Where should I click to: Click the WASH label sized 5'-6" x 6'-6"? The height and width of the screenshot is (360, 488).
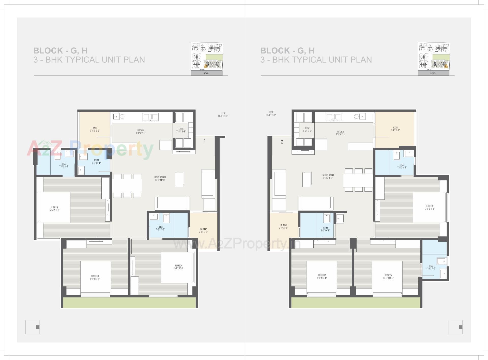(x=95, y=129)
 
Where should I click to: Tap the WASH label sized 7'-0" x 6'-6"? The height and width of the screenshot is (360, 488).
(x=395, y=129)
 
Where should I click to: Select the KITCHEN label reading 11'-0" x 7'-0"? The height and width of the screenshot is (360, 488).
(x=140, y=132)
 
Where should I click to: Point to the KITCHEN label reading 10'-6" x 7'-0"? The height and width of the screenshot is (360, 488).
(x=340, y=133)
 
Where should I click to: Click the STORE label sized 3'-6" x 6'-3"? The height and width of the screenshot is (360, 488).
(x=307, y=130)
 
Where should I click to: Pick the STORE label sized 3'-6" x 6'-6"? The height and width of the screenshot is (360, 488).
(x=181, y=130)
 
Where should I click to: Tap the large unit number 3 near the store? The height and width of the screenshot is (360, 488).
(x=204, y=141)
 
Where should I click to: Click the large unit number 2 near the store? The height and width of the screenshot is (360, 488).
(x=282, y=142)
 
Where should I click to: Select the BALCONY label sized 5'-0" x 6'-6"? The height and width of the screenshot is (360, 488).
(x=203, y=231)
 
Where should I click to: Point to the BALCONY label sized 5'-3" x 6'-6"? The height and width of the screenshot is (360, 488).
(x=283, y=226)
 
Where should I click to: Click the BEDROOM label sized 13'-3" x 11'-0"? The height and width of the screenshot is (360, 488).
(x=55, y=209)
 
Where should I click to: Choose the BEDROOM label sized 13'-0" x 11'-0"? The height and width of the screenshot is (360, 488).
(x=429, y=207)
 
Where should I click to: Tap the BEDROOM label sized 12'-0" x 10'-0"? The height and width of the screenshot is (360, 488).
(x=388, y=277)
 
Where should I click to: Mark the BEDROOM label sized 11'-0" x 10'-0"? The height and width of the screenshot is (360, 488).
(x=322, y=277)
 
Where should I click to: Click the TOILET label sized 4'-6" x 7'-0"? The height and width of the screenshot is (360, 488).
(x=431, y=267)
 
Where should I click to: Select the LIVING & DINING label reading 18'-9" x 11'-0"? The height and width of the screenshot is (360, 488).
(x=328, y=177)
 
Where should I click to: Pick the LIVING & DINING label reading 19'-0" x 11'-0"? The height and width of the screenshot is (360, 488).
(x=160, y=179)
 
